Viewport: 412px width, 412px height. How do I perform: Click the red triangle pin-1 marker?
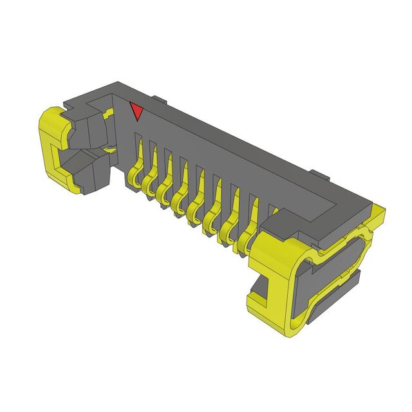pos(136,111)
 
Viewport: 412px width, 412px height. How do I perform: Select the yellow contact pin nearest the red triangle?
pos(136,173)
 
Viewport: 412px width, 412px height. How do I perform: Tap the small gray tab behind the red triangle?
pos(159,100)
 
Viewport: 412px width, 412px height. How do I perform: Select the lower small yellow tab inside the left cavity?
pos(111,149)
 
